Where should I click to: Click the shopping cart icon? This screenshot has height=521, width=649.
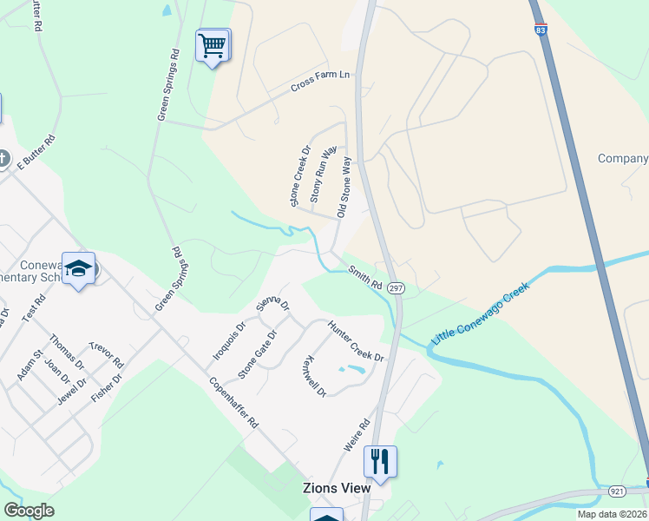213,44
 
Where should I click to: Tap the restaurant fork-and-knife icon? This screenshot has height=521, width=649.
379,460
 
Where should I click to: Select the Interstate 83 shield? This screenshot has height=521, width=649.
541,30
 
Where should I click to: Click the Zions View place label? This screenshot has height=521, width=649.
338,488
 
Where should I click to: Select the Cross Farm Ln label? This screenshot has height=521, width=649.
320,81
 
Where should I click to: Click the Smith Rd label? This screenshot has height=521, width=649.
365,278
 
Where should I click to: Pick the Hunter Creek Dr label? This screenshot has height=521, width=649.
355,340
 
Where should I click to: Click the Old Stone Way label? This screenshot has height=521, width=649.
344,187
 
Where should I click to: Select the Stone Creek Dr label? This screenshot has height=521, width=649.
300,176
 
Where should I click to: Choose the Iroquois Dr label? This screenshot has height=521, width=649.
230,342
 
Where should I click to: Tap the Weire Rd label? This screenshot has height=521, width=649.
357,435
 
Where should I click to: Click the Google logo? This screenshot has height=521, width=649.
29,511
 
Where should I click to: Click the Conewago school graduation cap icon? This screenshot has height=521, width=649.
78,268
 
